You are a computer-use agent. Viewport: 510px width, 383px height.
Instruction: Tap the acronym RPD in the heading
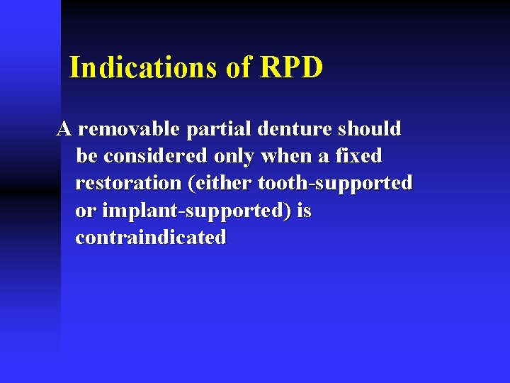click(x=291, y=67)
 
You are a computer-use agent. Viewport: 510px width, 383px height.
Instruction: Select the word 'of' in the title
click(x=239, y=67)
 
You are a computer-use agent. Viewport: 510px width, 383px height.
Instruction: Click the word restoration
click(x=129, y=183)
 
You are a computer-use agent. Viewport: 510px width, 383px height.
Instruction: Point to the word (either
click(x=220, y=183)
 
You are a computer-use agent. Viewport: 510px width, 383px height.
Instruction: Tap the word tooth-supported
click(x=335, y=184)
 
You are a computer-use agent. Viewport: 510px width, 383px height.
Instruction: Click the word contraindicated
click(x=151, y=238)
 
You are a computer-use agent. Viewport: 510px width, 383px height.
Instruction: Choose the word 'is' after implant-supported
click(x=304, y=211)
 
